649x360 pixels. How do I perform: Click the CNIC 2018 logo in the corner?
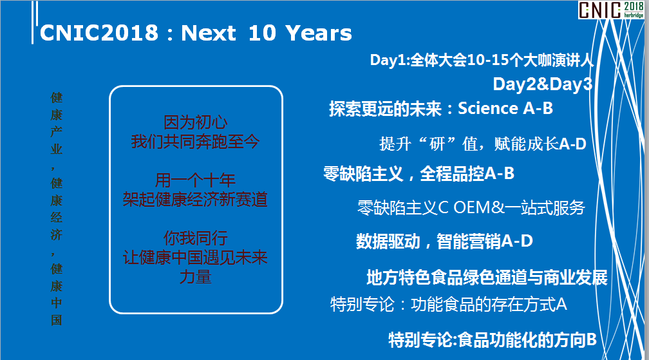point(611,10)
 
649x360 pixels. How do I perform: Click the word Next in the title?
point(209,33)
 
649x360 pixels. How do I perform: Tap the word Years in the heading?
point(319,33)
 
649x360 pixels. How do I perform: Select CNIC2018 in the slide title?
point(99,33)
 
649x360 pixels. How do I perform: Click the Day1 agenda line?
point(482,61)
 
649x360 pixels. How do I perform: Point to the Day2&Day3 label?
point(543,84)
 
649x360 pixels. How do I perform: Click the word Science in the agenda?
point(488,108)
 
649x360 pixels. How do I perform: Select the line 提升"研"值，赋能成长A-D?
point(483,144)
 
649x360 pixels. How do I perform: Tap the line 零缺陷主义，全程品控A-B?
point(419,174)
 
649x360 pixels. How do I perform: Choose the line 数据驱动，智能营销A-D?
point(444,242)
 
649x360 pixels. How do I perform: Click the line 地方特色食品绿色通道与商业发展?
point(487,278)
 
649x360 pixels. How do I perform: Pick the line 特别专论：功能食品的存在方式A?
point(448,305)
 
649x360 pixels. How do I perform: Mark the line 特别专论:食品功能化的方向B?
point(493,340)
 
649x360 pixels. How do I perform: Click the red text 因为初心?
point(195,122)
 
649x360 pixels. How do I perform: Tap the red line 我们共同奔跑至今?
point(195,142)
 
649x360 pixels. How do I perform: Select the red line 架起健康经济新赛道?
point(195,200)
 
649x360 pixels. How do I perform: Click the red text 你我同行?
point(195,238)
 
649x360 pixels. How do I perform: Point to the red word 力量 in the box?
point(195,277)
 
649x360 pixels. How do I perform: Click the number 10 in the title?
point(262,33)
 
